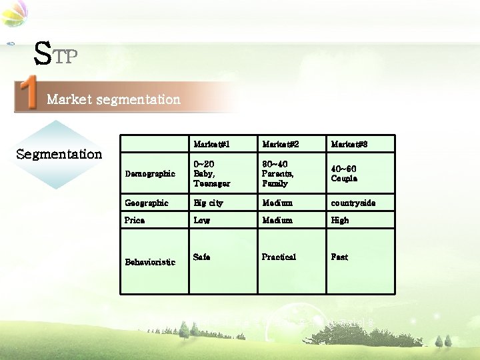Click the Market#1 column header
(x=211, y=144)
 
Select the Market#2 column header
(x=280, y=144)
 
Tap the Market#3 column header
(x=349, y=144)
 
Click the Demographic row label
(x=149, y=173)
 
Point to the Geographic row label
(x=147, y=203)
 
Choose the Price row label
(x=135, y=220)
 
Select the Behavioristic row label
(x=150, y=262)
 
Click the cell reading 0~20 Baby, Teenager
(x=211, y=173)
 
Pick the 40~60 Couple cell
(x=345, y=173)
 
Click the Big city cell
(x=208, y=203)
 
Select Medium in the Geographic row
(x=277, y=203)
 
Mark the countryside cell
(x=353, y=203)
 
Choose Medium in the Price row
(x=277, y=220)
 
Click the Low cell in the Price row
(x=201, y=220)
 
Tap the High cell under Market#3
(x=340, y=220)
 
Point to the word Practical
(x=279, y=257)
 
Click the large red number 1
(x=28, y=94)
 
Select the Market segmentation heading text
(x=113, y=99)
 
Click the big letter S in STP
(x=42, y=54)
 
